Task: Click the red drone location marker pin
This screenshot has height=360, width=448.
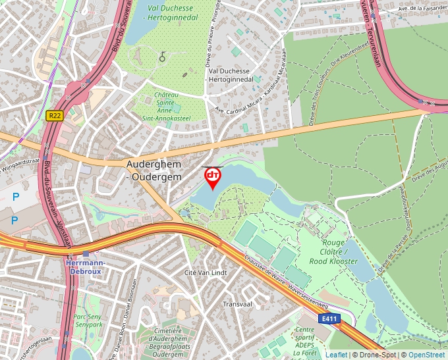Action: [x=213, y=177]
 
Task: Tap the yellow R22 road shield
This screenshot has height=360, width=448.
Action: [x=54, y=115]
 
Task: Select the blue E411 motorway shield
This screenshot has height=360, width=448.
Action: [x=329, y=319]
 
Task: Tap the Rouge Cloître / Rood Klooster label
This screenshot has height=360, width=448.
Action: [x=333, y=251]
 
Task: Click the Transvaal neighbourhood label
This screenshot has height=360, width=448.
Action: [x=238, y=304]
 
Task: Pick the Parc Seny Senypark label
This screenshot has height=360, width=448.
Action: [x=88, y=321]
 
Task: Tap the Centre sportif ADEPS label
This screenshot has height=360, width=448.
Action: [x=305, y=342]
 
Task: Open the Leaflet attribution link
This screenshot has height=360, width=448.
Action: [x=336, y=355]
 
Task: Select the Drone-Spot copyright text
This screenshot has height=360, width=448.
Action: [x=376, y=355]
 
